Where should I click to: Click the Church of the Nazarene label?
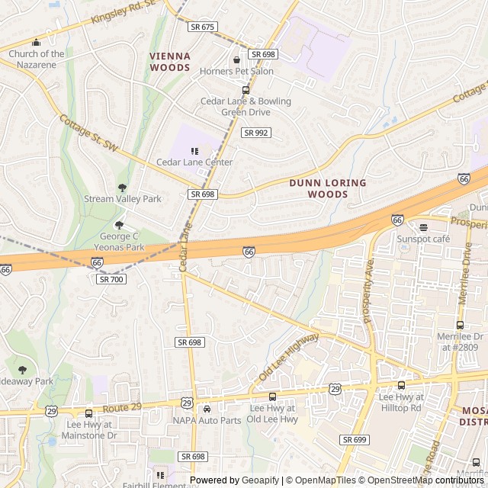(x=37, y=59)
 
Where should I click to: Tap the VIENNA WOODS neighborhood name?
(x=170, y=62)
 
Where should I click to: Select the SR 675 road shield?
(x=204, y=27)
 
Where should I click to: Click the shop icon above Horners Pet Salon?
(x=236, y=59)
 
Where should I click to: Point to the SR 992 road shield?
(x=256, y=133)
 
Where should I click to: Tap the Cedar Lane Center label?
(x=194, y=162)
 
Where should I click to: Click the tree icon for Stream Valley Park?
(x=122, y=188)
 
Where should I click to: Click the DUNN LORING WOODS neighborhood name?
(x=328, y=188)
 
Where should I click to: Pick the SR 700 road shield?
(x=111, y=279)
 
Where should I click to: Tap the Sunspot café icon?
(x=423, y=227)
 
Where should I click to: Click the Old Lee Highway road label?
(x=289, y=358)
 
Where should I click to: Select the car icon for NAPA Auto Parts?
(x=207, y=409)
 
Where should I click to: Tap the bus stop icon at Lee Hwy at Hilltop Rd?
(x=401, y=385)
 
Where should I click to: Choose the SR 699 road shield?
(x=355, y=440)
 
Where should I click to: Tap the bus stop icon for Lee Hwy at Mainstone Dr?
(x=88, y=413)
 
